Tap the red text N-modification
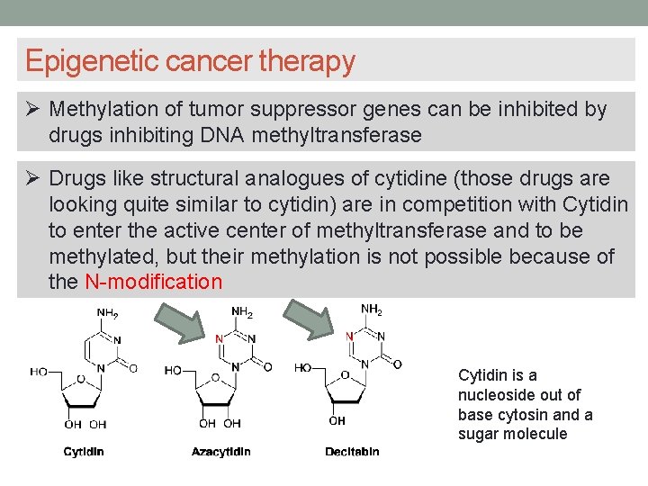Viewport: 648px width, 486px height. (x=153, y=282)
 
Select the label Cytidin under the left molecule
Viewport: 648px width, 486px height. (x=84, y=452)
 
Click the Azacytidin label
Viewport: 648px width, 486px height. (x=221, y=452)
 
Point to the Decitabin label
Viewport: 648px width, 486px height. (x=352, y=452)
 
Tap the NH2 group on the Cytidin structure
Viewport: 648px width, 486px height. (x=107, y=313)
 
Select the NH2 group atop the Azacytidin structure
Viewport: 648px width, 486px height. (x=242, y=313)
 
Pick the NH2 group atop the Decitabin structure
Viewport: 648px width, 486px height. (x=372, y=310)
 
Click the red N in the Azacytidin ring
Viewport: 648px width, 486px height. (x=220, y=339)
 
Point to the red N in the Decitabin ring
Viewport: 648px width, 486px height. (x=350, y=336)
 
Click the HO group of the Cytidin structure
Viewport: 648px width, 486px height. (x=39, y=371)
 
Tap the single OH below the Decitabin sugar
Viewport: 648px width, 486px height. (x=337, y=420)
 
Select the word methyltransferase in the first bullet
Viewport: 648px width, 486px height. (x=337, y=135)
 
